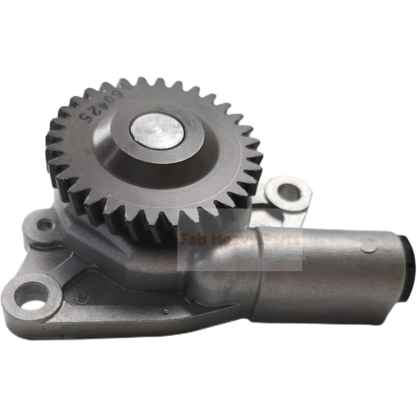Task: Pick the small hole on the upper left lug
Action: coord(44,225)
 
